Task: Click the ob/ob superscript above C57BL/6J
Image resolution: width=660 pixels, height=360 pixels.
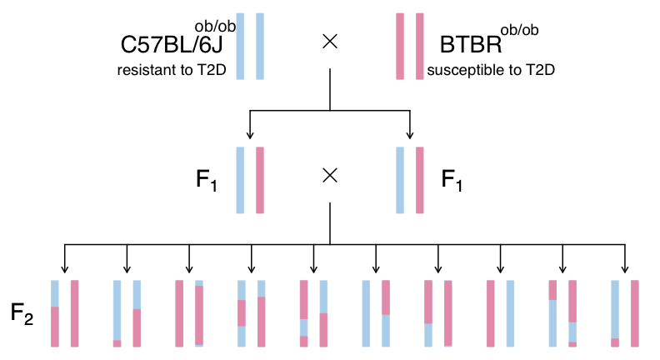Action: click(x=214, y=27)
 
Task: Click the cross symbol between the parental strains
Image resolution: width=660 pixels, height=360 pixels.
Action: click(x=330, y=42)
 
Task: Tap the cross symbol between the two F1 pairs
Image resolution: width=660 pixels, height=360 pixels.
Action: click(x=330, y=175)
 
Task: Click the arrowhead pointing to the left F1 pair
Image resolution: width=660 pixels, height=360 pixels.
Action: click(x=249, y=135)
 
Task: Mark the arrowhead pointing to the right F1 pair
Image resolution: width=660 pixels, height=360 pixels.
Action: click(x=410, y=135)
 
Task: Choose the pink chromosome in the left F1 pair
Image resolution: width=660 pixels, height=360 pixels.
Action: click(x=260, y=180)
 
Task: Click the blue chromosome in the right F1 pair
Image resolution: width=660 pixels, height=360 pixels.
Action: click(x=400, y=180)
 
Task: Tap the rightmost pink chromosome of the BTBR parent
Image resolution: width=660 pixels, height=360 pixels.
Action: click(x=420, y=47)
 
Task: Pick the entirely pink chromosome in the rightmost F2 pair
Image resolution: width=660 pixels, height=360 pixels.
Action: click(x=634, y=312)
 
